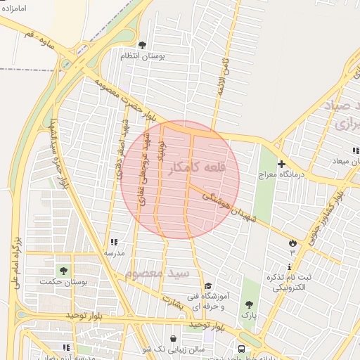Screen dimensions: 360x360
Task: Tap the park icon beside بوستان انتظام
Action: (x=143, y=46)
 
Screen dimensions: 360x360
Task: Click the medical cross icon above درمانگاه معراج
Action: (x=281, y=164)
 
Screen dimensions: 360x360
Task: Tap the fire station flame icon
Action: (x=292, y=243)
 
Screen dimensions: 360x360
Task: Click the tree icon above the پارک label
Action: (x=249, y=304)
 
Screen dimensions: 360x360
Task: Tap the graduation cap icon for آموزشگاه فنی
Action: (x=207, y=286)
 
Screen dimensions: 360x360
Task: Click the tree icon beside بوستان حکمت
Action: (x=64, y=271)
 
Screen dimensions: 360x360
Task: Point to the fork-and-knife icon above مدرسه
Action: (x=114, y=242)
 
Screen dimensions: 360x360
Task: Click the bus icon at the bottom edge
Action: (x=242, y=349)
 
